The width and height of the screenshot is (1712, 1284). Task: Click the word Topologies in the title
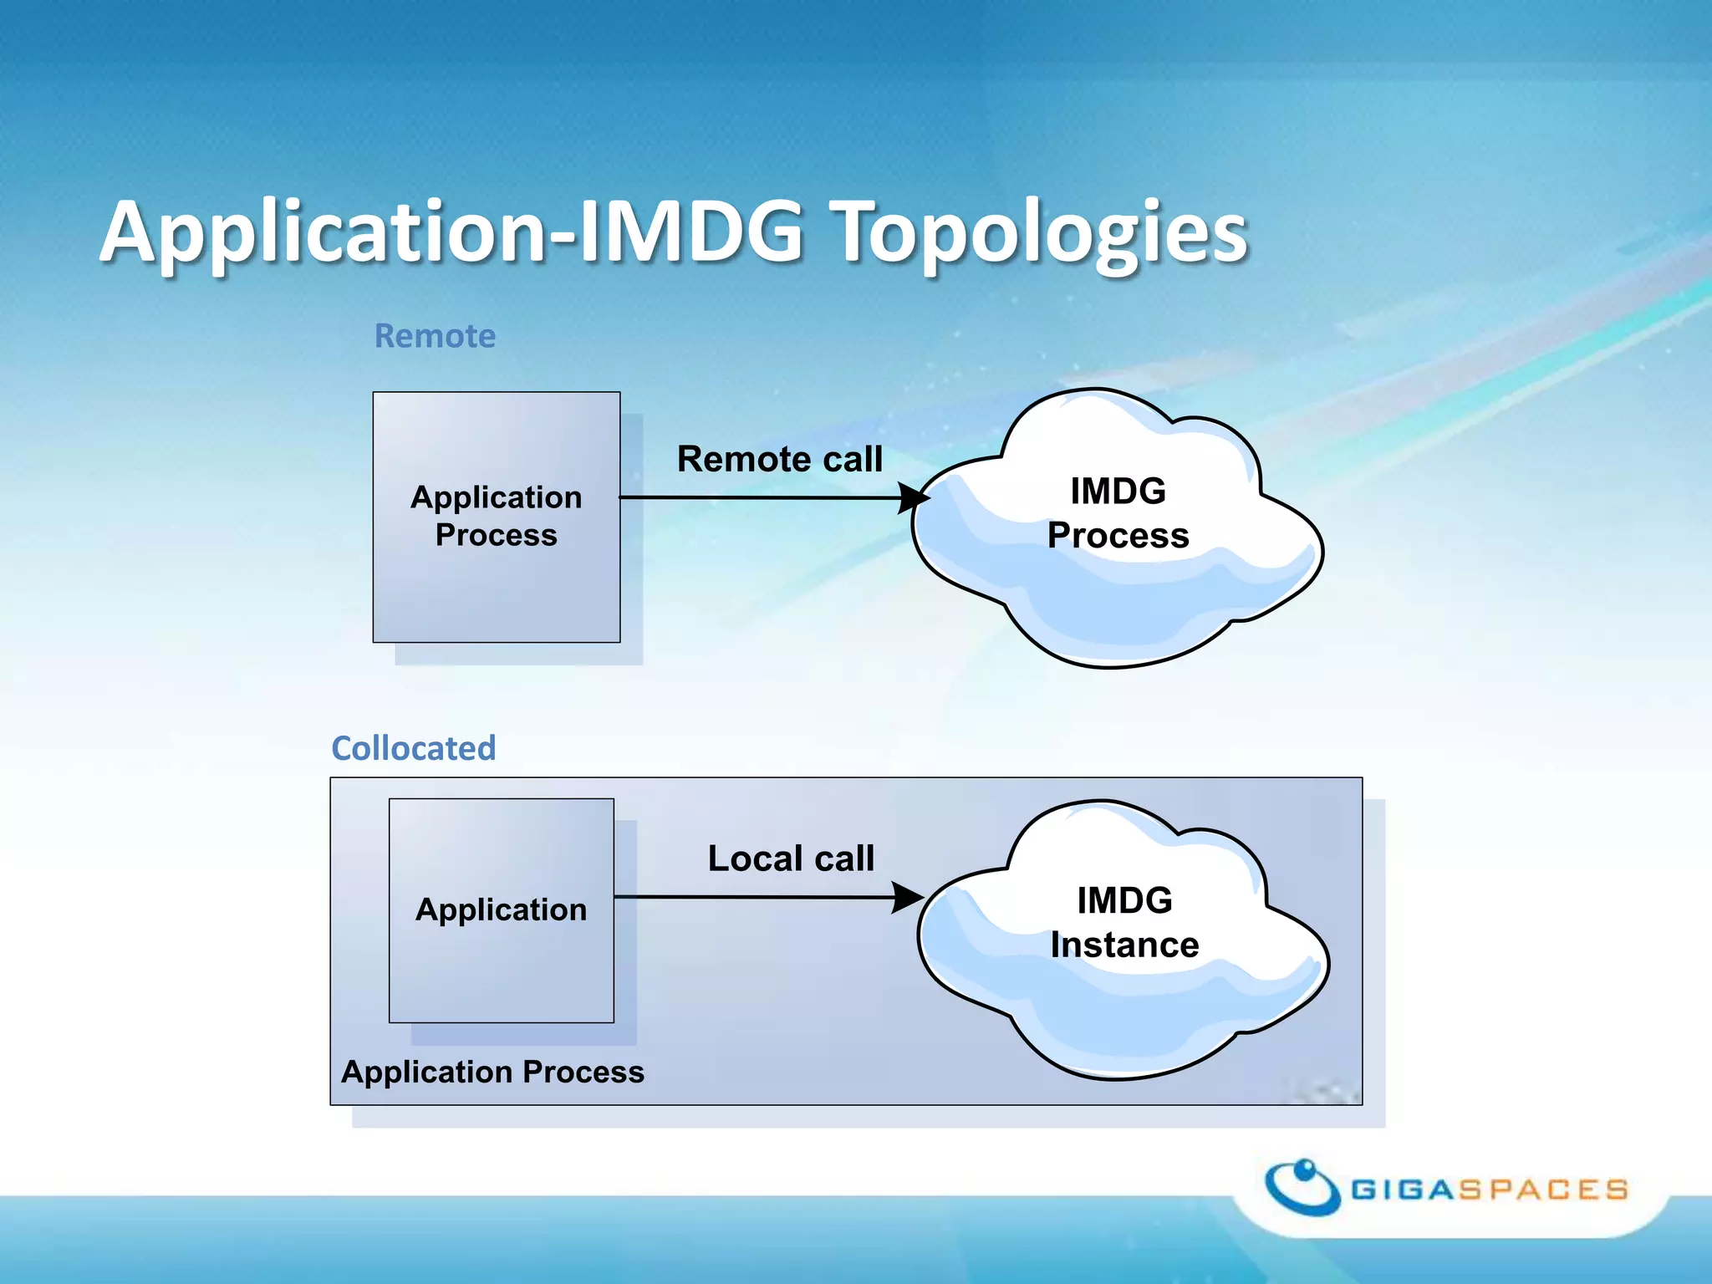pos(1041,232)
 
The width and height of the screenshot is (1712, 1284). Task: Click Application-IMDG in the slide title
pos(451,232)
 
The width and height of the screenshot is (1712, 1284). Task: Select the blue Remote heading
pos(435,336)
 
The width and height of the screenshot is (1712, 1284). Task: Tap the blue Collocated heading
pos(414,748)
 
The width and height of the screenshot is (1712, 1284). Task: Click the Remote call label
pos(779,459)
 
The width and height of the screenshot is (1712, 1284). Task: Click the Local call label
pos(791,859)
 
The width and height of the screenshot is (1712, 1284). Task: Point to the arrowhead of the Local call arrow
pos(908,898)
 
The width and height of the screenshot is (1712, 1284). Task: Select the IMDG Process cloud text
pos(1118,512)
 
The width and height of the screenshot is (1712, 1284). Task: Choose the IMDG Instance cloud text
pos(1124,922)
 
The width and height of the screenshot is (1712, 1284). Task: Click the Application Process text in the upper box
pos(497,516)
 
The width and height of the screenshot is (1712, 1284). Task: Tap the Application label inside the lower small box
pos(501,909)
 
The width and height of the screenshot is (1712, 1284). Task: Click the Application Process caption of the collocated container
pos(492,1072)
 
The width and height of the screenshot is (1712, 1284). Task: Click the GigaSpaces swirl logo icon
pos(1302,1186)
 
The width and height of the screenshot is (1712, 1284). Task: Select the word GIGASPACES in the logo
pos(1489,1190)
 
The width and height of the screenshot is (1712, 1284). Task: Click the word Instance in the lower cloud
pos(1124,945)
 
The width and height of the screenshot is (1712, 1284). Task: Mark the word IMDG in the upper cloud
pos(1118,491)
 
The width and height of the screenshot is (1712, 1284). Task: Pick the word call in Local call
pos(844,859)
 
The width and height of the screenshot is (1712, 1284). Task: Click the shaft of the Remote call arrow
pos(752,497)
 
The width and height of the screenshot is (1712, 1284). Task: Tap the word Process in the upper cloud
pos(1118,535)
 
